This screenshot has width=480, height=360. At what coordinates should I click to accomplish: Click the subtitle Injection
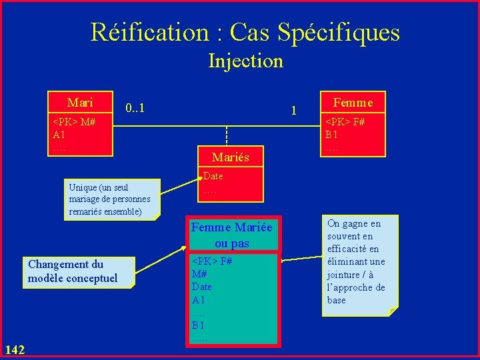pyautogui.click(x=245, y=61)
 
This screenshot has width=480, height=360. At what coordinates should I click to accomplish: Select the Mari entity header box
pyautogui.click(x=80, y=103)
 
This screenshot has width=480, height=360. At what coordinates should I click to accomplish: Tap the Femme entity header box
pyautogui.click(x=353, y=102)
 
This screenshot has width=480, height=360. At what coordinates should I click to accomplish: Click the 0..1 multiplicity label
pyautogui.click(x=135, y=107)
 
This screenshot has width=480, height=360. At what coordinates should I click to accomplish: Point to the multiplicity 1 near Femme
pyautogui.click(x=293, y=110)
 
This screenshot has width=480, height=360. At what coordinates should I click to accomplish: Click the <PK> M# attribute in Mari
pyautogui.click(x=74, y=122)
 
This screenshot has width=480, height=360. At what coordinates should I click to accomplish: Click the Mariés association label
pyautogui.click(x=230, y=157)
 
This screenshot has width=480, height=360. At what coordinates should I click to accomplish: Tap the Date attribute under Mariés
pyautogui.click(x=213, y=177)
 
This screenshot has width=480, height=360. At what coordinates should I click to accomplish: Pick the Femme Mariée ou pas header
pyautogui.click(x=231, y=235)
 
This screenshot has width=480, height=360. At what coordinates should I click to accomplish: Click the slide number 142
pyautogui.click(x=14, y=349)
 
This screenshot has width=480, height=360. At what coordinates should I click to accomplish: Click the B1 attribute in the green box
pyautogui.click(x=199, y=326)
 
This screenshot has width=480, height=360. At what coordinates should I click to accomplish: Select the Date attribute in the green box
pyautogui.click(x=201, y=287)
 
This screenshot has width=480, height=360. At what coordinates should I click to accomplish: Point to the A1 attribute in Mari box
pyautogui.click(x=59, y=135)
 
